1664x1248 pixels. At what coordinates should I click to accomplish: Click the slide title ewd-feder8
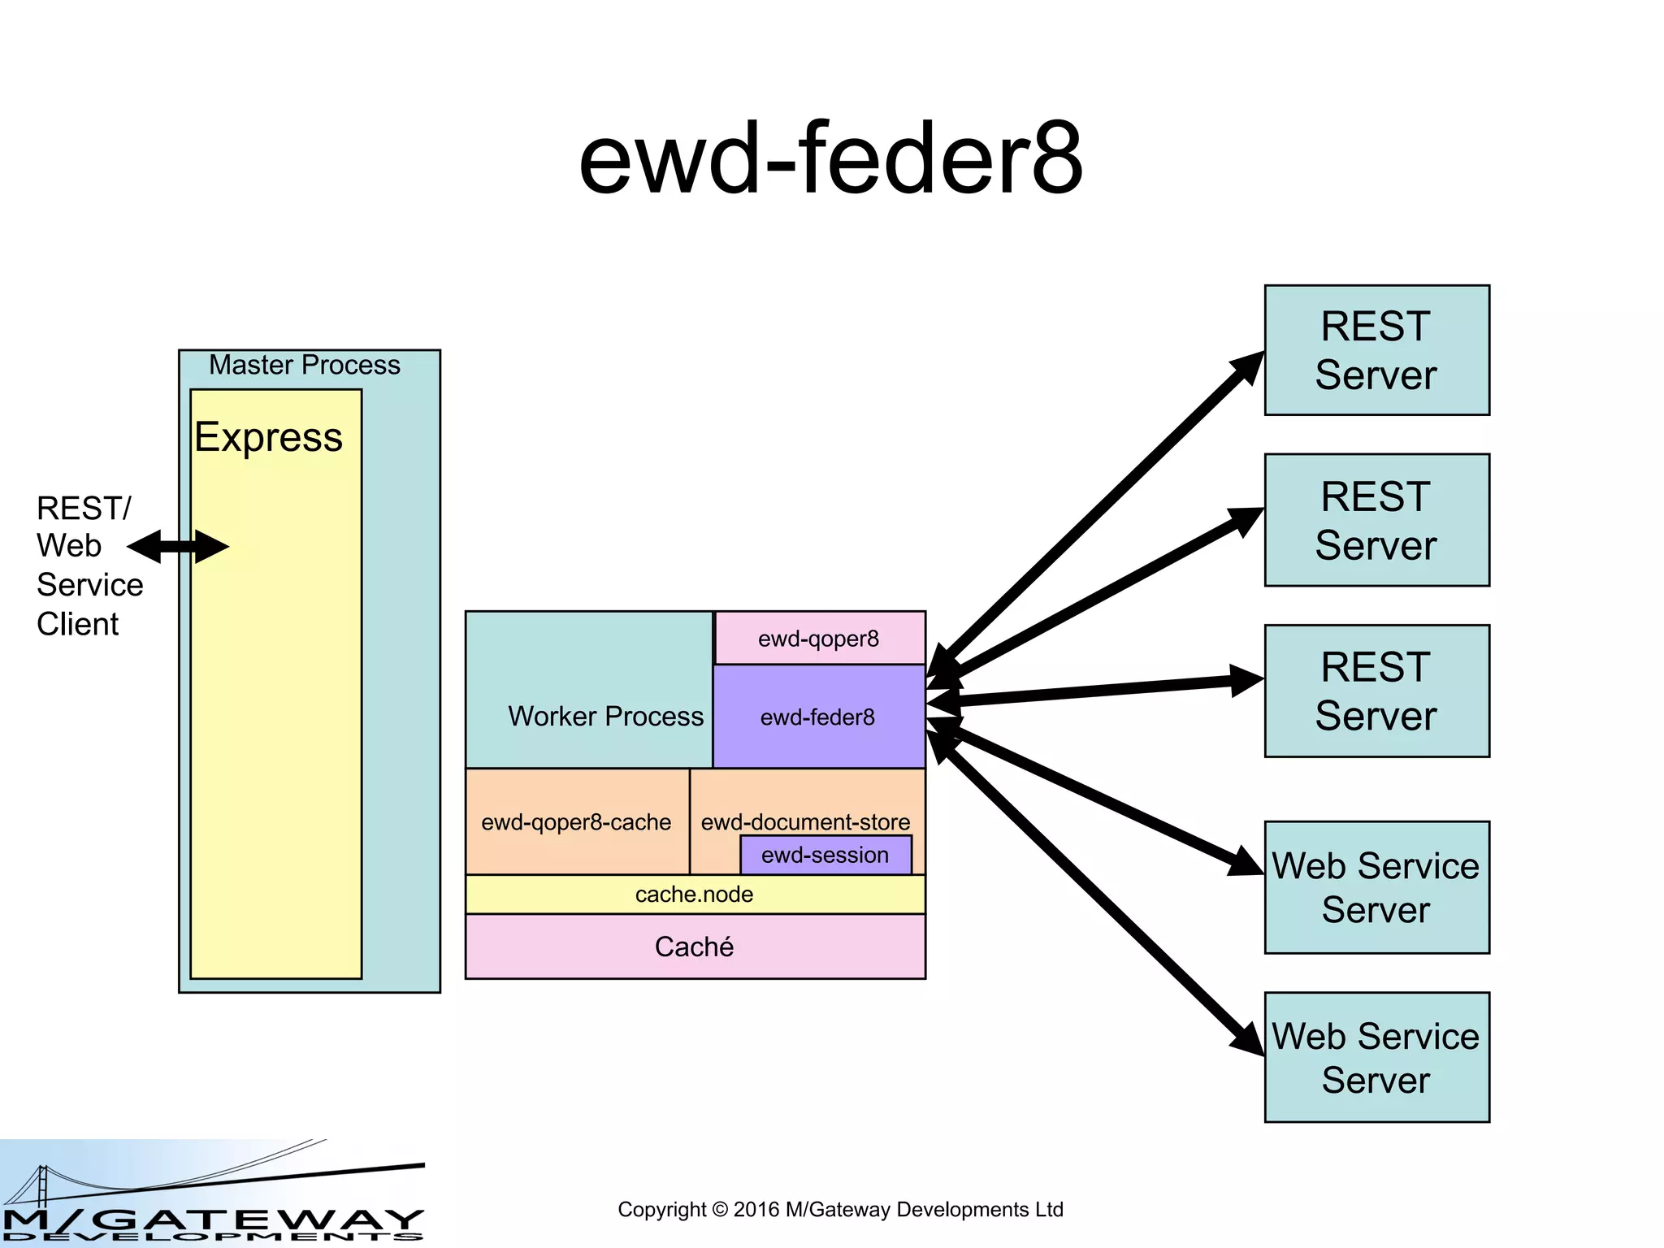830,158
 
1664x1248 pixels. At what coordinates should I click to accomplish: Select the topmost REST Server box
1376,350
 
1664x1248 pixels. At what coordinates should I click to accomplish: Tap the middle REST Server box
1376,520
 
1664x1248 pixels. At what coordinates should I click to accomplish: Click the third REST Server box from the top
1376,691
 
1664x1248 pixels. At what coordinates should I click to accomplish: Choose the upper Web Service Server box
1376,887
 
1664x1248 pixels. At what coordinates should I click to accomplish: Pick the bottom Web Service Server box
1376,1057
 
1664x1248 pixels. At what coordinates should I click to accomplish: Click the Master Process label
305,366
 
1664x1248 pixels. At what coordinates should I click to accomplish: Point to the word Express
268,437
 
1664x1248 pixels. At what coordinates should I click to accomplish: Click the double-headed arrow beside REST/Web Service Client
178,547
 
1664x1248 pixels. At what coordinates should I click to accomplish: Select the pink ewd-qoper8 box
819,639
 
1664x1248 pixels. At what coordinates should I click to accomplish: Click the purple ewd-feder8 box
818,717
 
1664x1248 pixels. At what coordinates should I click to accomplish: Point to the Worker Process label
605,716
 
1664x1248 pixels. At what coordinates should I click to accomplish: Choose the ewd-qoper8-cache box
576,822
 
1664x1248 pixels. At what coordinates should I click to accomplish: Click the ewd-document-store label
805,821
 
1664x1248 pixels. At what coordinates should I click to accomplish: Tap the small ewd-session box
825,856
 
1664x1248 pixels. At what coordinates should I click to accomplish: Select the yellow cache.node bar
695,895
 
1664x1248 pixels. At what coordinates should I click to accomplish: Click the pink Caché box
695,947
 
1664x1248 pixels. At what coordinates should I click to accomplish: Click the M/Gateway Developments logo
212,1194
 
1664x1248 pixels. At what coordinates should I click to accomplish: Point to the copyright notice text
840,1210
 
